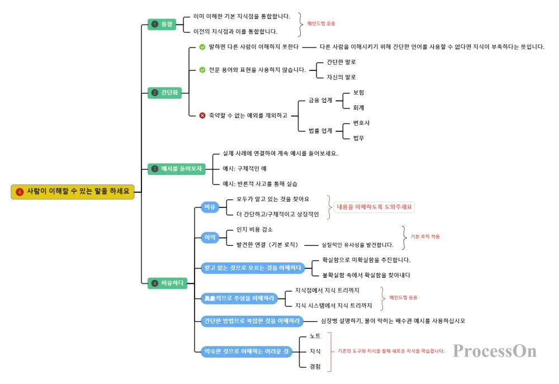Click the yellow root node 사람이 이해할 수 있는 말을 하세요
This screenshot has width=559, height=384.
pyautogui.click(x=73, y=192)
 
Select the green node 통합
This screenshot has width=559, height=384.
pyautogui.click(x=162, y=24)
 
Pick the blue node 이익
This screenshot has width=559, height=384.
pyautogui.click(x=209, y=238)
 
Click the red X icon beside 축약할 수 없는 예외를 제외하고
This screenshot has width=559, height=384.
pyautogui.click(x=202, y=115)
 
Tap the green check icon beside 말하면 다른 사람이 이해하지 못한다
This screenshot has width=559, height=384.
pyautogui.click(x=202, y=47)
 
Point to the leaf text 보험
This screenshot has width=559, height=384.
pyautogui.click(x=358, y=92)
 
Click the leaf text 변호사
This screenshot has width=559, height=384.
pyautogui.click(x=361, y=122)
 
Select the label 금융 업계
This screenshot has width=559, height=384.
pyautogui.click(x=320, y=100)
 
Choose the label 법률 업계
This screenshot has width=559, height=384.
pyautogui.click(x=320, y=130)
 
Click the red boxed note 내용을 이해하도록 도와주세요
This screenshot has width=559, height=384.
pyautogui.click(x=375, y=207)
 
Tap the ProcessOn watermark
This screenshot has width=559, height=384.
pyautogui.click(x=494, y=350)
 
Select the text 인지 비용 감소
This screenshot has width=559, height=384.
pyautogui.click(x=254, y=230)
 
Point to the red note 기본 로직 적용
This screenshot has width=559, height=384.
pyautogui.click(x=425, y=236)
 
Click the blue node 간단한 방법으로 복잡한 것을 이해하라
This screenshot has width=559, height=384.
pyautogui.click(x=252, y=321)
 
